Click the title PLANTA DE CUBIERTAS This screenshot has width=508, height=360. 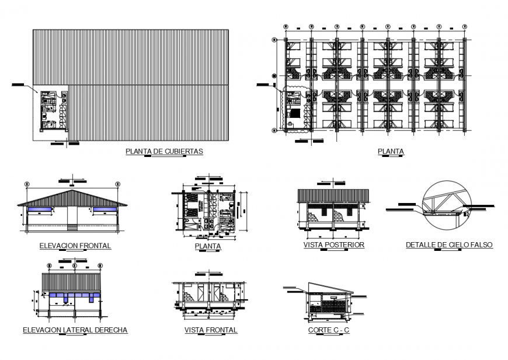(164, 151)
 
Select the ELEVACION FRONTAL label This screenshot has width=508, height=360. (75, 246)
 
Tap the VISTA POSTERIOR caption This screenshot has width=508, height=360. (333, 245)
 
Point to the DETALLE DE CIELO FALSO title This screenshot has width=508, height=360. (449, 245)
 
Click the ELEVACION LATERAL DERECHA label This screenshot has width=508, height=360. (75, 330)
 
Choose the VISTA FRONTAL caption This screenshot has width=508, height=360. (210, 330)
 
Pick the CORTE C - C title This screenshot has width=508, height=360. (329, 330)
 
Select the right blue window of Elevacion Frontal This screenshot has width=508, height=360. (105, 209)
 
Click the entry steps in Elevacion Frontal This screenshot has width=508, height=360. (72, 228)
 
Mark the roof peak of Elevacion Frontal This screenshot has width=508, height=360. (72, 190)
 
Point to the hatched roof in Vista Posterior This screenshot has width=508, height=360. (333, 195)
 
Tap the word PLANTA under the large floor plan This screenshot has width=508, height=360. (391, 152)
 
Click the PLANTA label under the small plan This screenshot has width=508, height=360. (207, 246)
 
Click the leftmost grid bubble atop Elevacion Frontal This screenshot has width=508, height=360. (26, 184)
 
